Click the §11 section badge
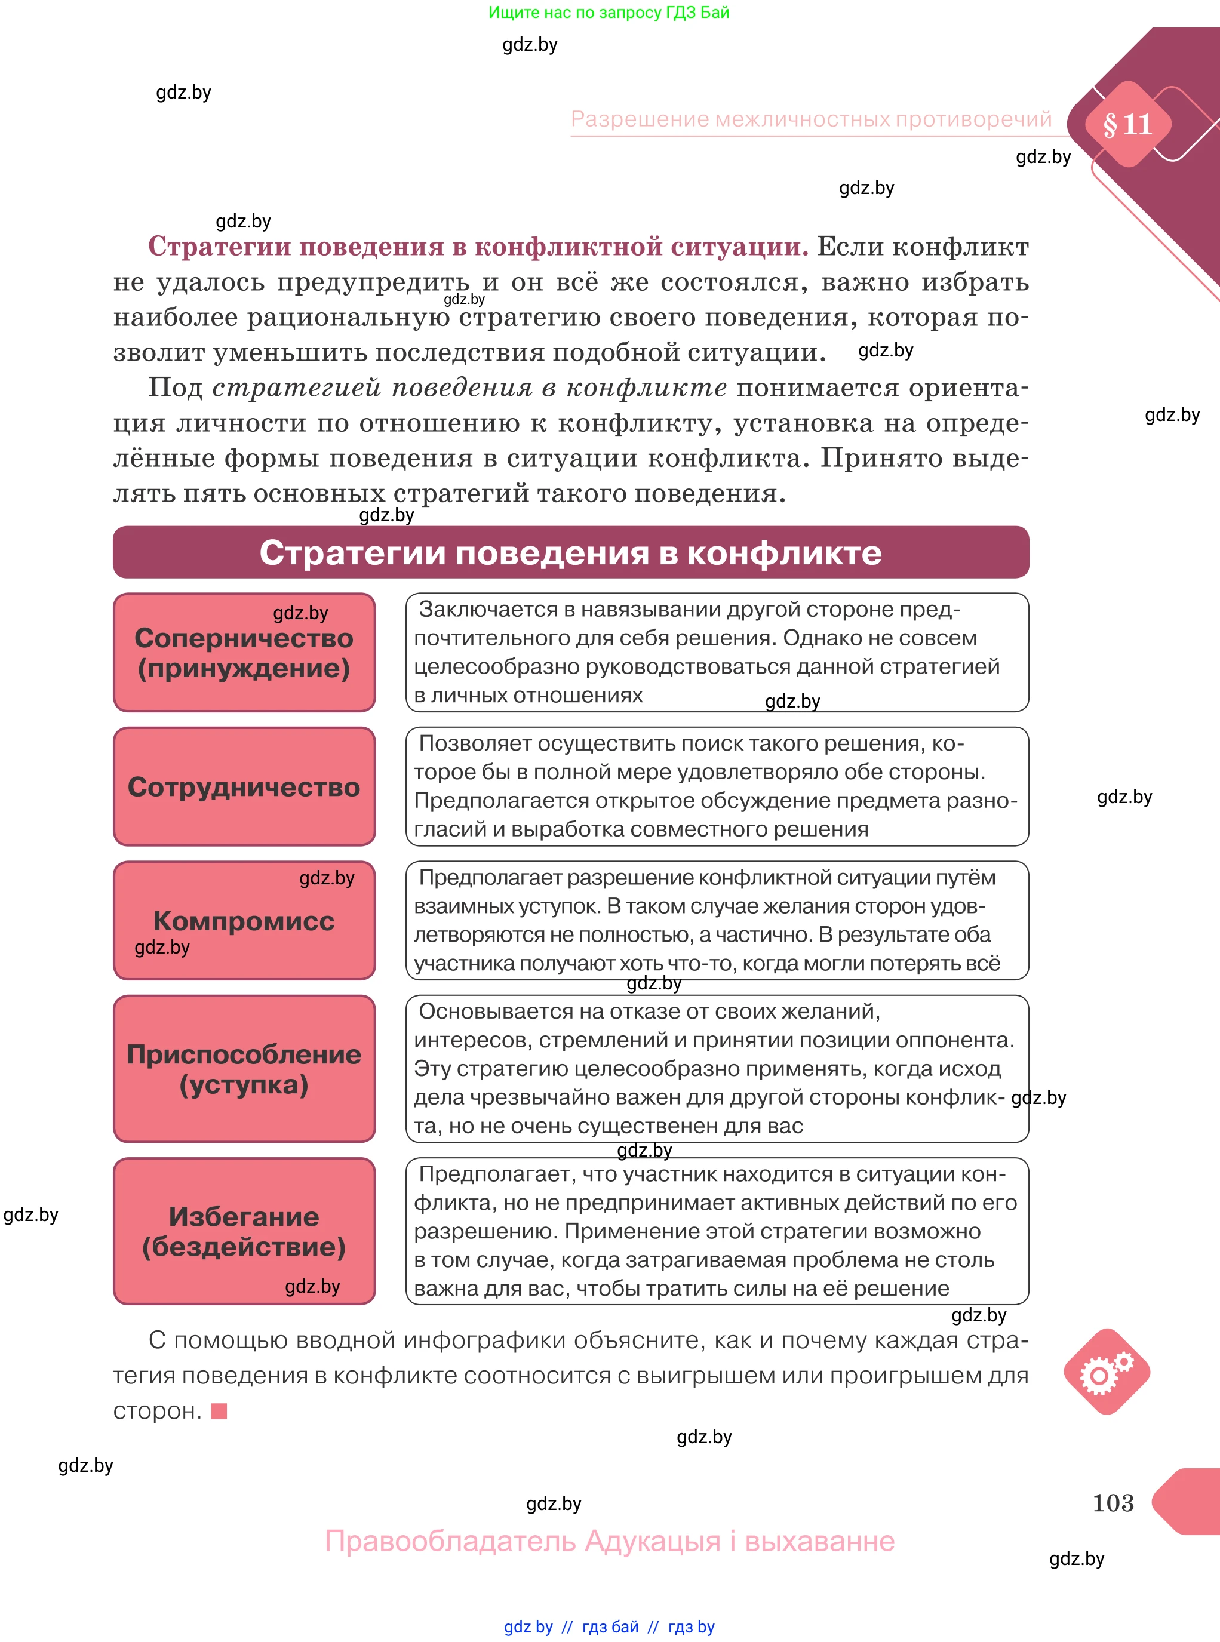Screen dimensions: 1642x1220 pos(1126,124)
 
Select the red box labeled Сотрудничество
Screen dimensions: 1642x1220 pos(244,786)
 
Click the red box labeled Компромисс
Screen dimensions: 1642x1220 pos(244,920)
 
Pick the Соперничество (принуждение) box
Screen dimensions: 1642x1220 pos(244,653)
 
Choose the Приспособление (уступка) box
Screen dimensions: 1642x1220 pos(244,1068)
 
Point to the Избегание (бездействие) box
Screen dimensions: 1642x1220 pos(244,1231)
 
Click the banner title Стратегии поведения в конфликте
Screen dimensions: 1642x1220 pos(570,552)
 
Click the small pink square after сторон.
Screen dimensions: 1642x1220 pos(219,1411)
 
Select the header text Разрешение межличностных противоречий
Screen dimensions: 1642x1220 pos(811,119)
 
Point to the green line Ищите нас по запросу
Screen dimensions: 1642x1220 pos(609,13)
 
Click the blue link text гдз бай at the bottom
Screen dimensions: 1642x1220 pos(610,1626)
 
